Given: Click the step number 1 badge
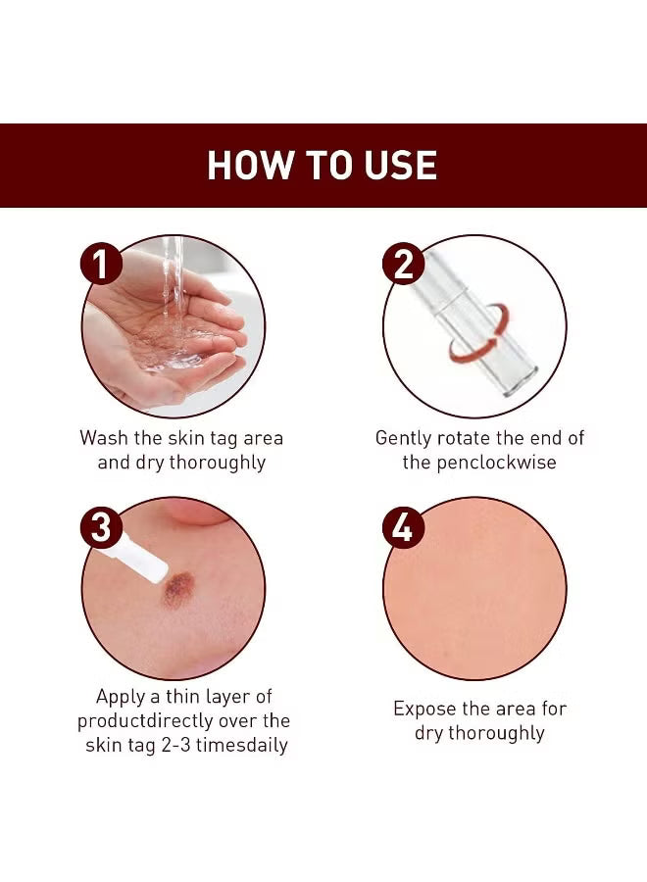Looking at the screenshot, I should (102, 265).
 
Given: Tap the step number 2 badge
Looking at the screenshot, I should (403, 265).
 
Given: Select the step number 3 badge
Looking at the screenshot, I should (102, 528).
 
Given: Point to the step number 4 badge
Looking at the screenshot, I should (403, 528).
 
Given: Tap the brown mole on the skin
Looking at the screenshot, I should (178, 591).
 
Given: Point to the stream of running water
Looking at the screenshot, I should (173, 284).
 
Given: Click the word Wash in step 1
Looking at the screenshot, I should (105, 438).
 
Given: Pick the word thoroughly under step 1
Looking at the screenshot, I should (217, 463).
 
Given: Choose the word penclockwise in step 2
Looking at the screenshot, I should (495, 463).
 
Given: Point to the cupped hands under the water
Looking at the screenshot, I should (172, 348).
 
